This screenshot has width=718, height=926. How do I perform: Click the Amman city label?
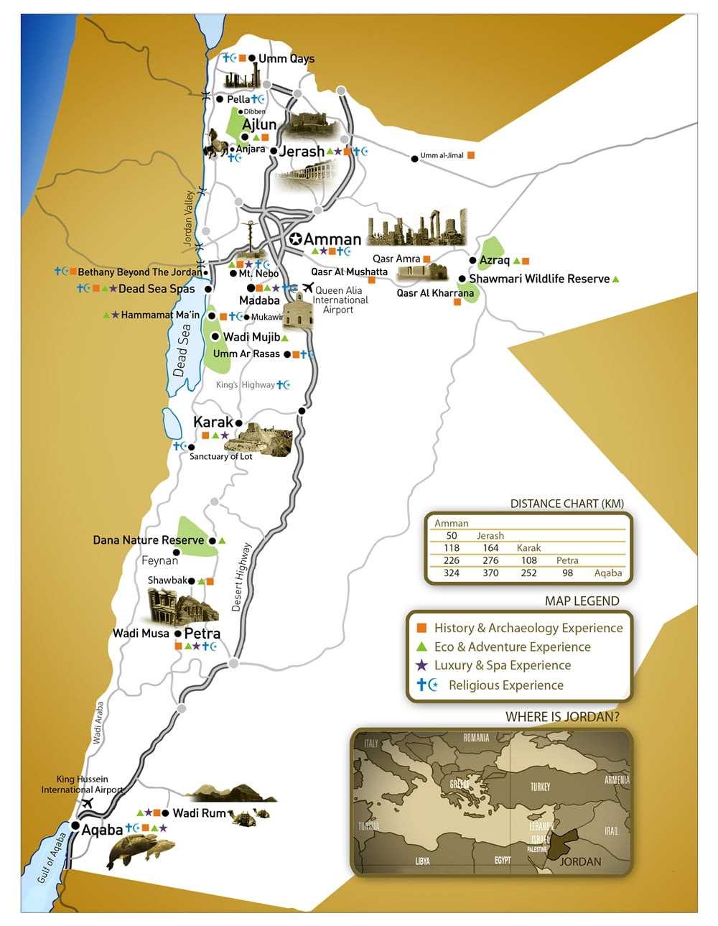[332, 239]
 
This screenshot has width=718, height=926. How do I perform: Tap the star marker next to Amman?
[295, 239]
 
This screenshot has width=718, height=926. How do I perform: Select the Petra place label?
[202, 633]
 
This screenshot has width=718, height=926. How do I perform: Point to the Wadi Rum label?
[199, 812]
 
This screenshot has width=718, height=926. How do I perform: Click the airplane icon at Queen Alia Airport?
[307, 288]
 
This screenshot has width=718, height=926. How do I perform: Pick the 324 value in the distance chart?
[451, 573]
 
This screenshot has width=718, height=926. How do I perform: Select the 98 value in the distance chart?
[567, 573]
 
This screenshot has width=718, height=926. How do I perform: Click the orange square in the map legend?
[421, 627]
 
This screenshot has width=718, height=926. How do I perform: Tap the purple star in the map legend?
[421, 665]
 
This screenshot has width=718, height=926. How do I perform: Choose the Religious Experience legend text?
[505, 685]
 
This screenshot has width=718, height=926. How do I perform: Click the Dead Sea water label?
[182, 351]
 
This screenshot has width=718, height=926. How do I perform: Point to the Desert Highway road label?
[241, 577]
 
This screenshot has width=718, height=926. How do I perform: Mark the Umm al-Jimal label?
[442, 155]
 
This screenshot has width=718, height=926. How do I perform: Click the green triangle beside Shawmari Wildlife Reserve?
[615, 279]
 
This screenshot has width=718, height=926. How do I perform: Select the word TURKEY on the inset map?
[540, 787]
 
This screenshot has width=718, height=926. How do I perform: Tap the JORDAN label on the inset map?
[579, 861]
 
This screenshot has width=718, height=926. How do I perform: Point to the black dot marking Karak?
[238, 423]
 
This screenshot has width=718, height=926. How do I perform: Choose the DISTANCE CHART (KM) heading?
[567, 504]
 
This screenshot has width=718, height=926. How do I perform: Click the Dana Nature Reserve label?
[148, 540]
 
